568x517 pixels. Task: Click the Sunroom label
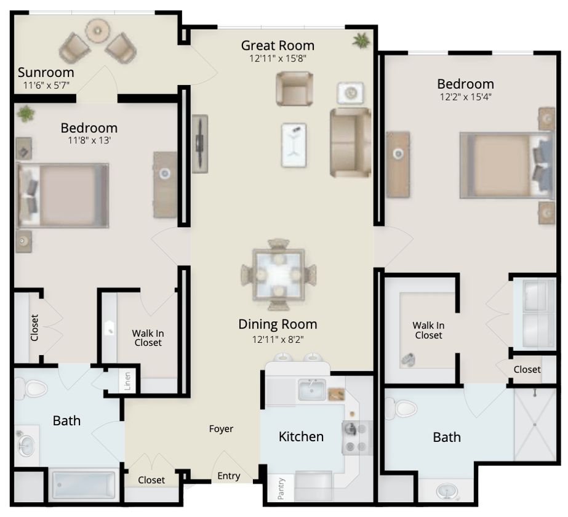(x=46, y=73)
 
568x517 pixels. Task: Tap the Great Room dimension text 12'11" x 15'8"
(x=278, y=58)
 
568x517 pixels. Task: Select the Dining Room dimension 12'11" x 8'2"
(x=278, y=340)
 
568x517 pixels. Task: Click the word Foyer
(x=221, y=429)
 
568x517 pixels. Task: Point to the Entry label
(x=228, y=476)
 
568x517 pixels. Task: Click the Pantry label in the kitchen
(x=281, y=489)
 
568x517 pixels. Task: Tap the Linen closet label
(x=127, y=381)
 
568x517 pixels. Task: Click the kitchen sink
(x=311, y=390)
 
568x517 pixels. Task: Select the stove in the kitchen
(x=357, y=438)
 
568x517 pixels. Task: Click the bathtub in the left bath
(x=84, y=485)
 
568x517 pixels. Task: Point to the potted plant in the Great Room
(x=361, y=40)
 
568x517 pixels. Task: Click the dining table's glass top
(x=278, y=275)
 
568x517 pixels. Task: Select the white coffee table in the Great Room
(x=294, y=145)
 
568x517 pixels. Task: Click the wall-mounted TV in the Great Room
(x=199, y=143)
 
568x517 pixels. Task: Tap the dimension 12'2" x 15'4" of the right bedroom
(x=465, y=97)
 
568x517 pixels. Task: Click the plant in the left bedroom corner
(x=26, y=114)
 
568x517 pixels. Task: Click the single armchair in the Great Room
(x=295, y=89)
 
